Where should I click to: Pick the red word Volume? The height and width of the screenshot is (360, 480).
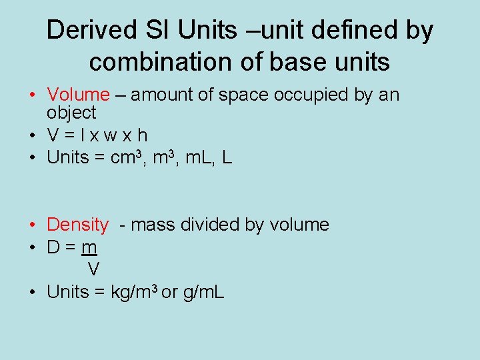[78, 95]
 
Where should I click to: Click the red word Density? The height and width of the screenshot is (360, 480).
[77, 225]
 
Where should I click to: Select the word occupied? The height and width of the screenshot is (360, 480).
[311, 95]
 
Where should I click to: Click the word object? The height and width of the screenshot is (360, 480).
[71, 113]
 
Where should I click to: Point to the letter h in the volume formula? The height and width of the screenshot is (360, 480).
[142, 135]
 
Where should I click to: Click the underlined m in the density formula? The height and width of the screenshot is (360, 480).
[89, 248]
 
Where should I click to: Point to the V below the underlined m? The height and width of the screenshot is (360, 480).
[94, 269]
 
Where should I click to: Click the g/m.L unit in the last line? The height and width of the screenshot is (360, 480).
[203, 292]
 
